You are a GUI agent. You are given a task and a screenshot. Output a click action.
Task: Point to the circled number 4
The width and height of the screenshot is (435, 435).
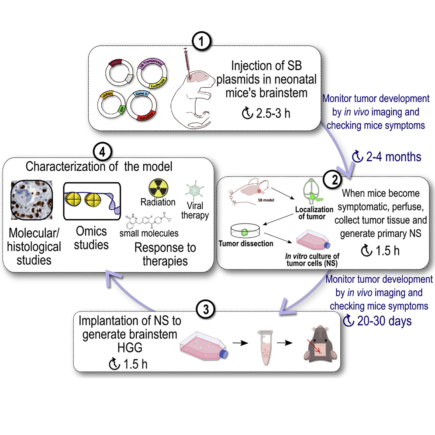point(101,151)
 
